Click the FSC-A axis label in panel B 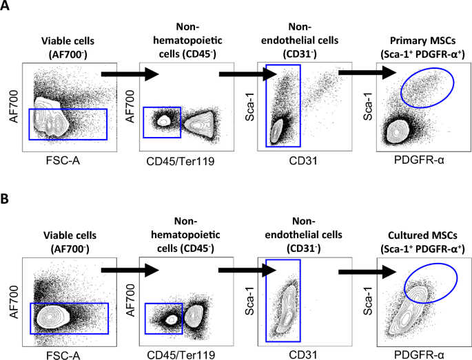(63, 354)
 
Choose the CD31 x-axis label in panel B (303, 354)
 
